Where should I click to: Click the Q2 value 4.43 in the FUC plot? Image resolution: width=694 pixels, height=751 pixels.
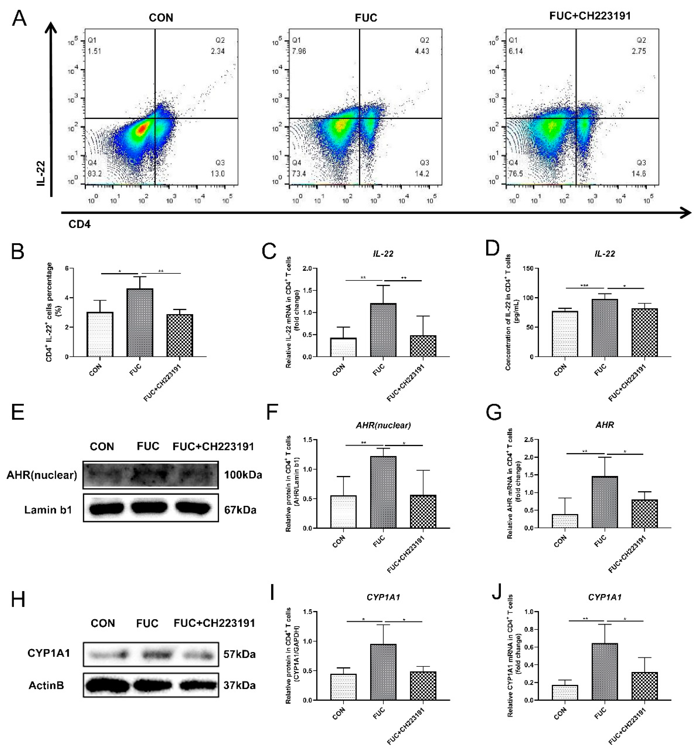click(422, 51)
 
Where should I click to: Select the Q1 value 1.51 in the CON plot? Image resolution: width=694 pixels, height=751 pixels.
click(94, 51)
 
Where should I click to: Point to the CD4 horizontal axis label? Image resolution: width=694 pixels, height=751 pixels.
click(79, 224)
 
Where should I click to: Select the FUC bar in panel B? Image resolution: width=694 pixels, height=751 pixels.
click(140, 322)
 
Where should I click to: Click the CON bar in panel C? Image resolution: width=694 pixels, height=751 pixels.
click(343, 347)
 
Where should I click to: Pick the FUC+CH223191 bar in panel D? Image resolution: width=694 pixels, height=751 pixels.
click(644, 333)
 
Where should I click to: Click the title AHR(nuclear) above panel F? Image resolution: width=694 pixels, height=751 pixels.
click(383, 425)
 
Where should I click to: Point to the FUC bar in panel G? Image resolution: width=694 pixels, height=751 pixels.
click(605, 502)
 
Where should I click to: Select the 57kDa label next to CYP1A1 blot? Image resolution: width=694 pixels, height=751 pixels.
click(239, 654)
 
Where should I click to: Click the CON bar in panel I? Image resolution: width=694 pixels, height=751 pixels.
click(343, 687)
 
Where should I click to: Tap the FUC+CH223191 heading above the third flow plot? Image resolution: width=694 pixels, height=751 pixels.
click(590, 16)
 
